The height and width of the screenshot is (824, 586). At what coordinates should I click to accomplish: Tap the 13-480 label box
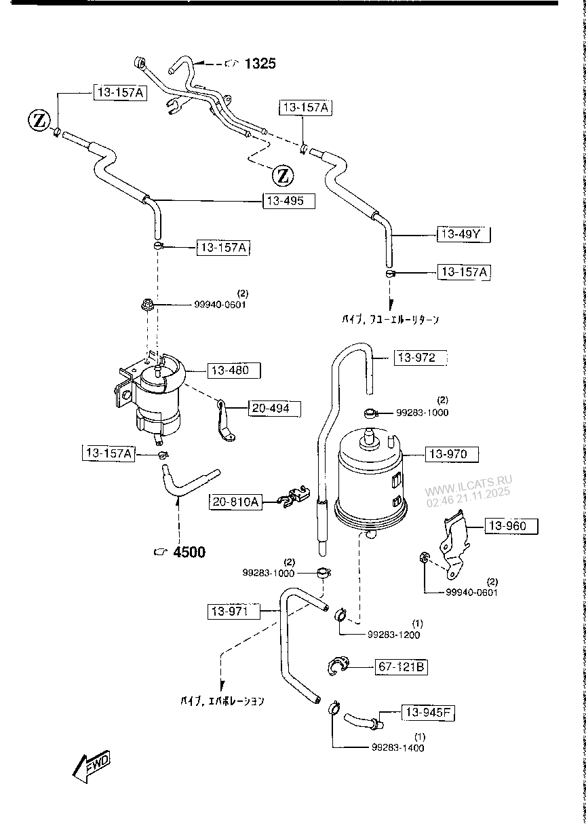(230, 371)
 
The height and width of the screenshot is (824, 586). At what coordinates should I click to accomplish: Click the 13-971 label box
(233, 612)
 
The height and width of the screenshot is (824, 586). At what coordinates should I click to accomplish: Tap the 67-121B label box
(401, 668)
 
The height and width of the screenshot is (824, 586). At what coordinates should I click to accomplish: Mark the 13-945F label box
(429, 713)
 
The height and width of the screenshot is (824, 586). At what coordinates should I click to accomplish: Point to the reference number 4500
(189, 552)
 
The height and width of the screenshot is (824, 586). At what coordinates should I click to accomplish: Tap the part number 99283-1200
(393, 635)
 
